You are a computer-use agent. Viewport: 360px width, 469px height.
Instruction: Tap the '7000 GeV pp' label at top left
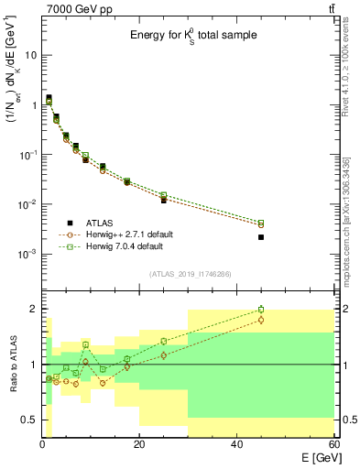(x=72, y=8)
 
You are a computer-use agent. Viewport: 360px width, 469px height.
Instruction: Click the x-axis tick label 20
(x=139, y=445)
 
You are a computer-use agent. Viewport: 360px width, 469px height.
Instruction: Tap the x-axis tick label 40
(x=236, y=445)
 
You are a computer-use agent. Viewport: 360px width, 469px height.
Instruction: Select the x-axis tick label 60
(x=333, y=445)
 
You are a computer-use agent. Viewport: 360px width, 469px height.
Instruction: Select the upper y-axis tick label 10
(x=30, y=55)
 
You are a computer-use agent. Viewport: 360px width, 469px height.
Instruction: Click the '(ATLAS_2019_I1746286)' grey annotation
(x=189, y=274)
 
